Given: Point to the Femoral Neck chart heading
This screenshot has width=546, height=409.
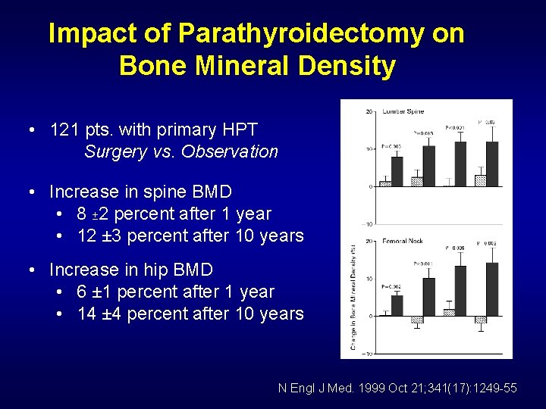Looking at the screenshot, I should point(403,242).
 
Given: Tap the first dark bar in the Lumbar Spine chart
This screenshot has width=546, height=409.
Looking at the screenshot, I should point(397,170).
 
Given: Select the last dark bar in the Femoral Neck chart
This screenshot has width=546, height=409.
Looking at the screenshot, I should point(491,289).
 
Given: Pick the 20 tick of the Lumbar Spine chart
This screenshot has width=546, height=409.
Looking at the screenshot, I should point(369,112).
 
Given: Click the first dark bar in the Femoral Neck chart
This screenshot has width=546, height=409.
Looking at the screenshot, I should point(397,305).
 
